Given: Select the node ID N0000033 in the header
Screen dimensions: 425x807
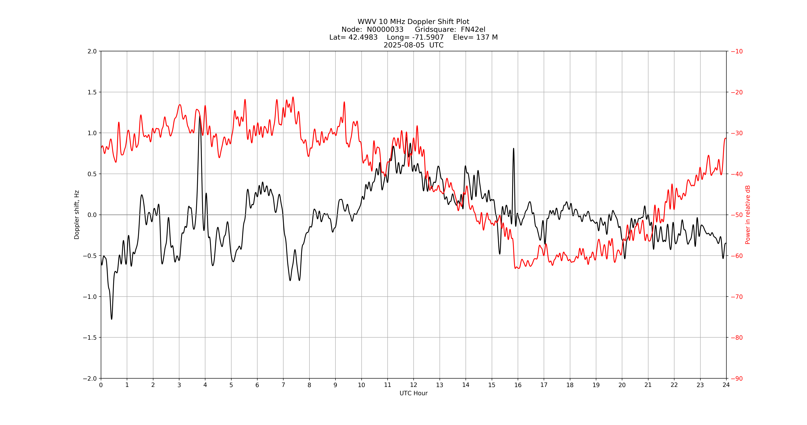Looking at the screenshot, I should click(385, 29).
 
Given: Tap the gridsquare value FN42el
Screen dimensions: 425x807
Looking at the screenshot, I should click(473, 29).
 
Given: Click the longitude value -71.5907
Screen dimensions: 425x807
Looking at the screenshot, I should click(428, 37).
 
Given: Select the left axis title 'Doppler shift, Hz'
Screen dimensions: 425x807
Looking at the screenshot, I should click(77, 215).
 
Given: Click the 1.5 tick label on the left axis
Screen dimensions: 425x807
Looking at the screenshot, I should click(92, 92).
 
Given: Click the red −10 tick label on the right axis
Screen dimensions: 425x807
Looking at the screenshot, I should click(736, 51).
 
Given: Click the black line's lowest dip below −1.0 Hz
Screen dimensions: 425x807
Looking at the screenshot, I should click(111, 319).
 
